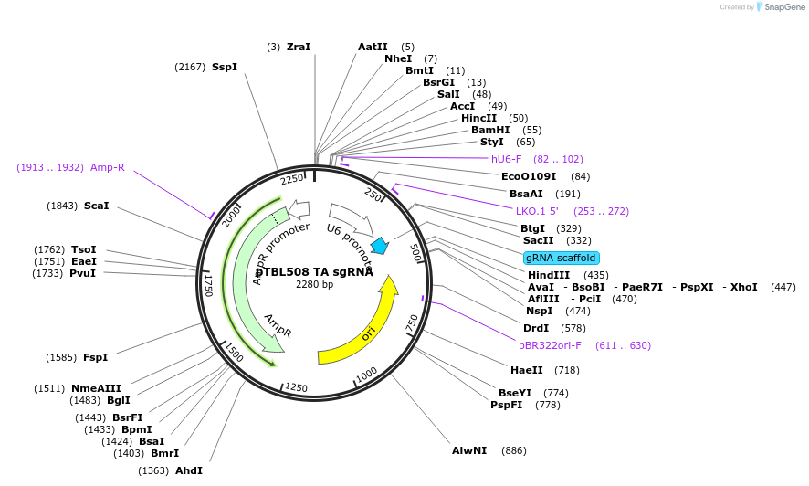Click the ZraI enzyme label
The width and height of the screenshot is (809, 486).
pos(299,47)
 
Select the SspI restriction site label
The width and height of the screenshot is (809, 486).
pos(225,67)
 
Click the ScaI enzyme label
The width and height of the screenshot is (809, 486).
pos(96,206)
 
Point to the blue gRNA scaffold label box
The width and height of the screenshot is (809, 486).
pos(562,258)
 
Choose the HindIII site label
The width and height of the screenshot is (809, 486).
pos(549,275)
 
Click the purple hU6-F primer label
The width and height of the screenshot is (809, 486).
pos(507,159)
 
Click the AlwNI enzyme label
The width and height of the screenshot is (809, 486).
pos(470,450)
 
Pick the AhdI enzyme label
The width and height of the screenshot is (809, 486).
pos(189,470)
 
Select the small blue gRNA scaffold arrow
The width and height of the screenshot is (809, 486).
pos(380,246)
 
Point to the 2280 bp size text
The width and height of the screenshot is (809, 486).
pos(314,284)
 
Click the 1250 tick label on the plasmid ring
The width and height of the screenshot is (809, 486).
pos(296,387)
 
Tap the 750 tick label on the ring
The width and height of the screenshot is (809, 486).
pos(412,322)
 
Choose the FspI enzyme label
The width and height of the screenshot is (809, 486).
pos(96,357)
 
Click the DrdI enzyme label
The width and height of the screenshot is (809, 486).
pos(536,328)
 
